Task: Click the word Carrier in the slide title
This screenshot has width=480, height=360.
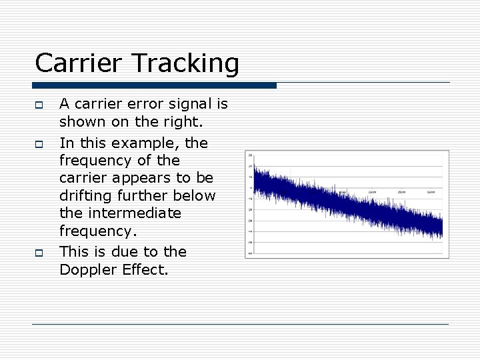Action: pyautogui.click(x=71, y=64)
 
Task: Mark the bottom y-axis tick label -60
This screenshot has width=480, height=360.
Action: pyautogui.click(x=249, y=253)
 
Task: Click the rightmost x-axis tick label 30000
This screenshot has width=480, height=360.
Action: pyautogui.click(x=431, y=192)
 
